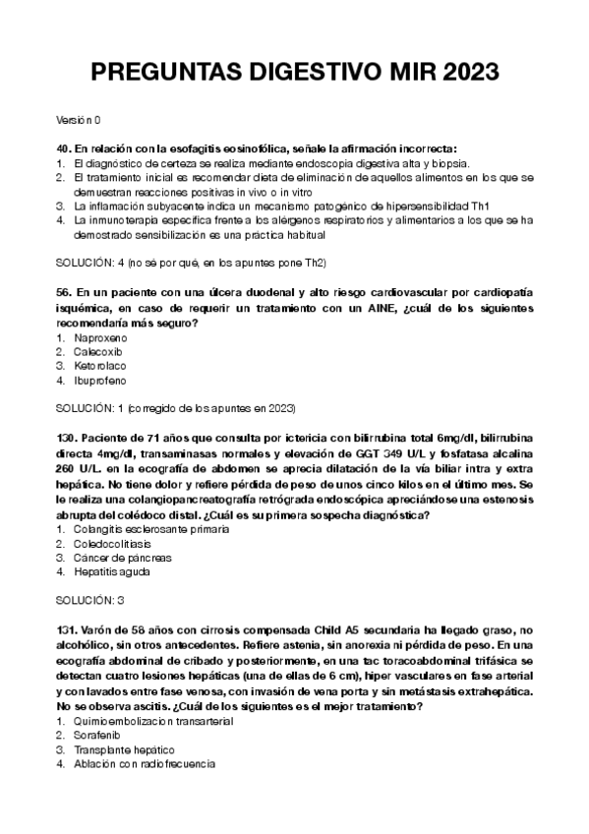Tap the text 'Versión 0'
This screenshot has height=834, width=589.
tap(79, 120)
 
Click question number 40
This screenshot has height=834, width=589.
tap(64, 148)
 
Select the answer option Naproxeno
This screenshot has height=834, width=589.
tap(101, 337)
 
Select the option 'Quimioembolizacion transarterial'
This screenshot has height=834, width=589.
tap(152, 721)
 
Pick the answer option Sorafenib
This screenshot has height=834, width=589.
tap(99, 735)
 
